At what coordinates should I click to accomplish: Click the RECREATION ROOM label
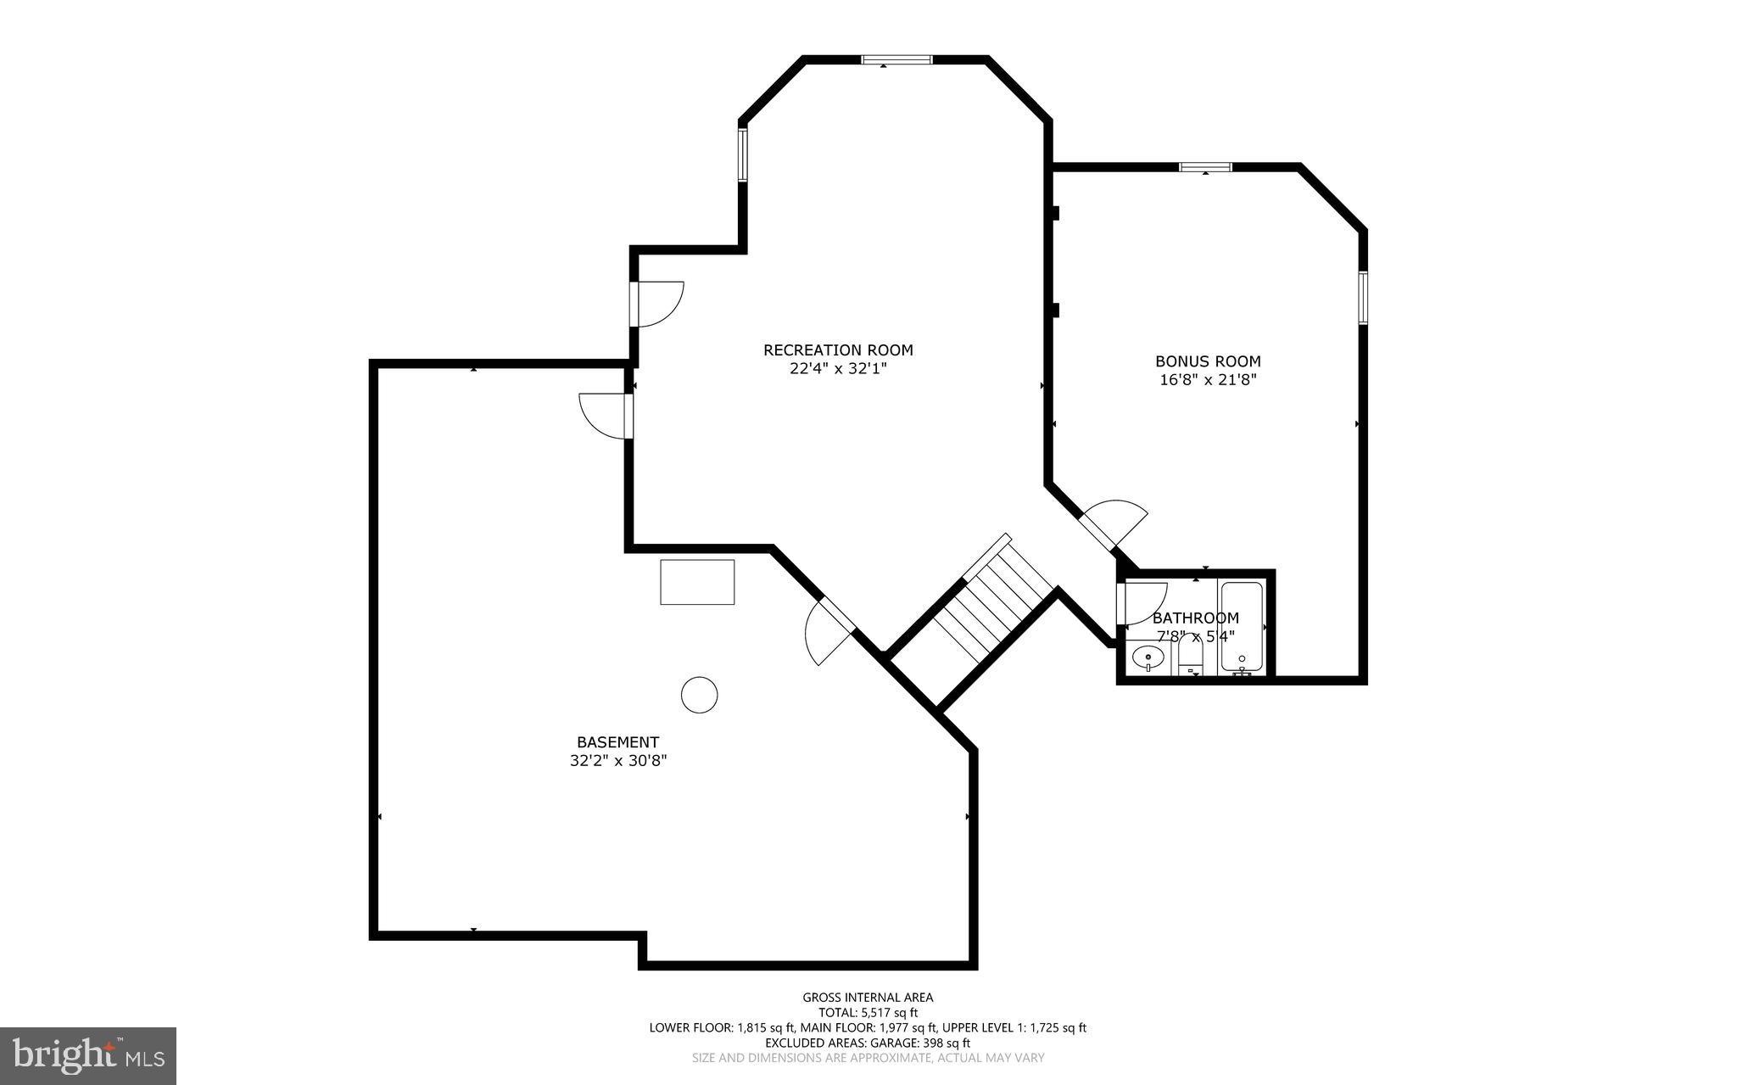click(838, 350)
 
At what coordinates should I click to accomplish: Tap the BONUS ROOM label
click(1208, 361)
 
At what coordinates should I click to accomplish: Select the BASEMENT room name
click(617, 742)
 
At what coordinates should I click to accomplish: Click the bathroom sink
click(1148, 657)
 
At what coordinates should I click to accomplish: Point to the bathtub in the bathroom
click(1242, 628)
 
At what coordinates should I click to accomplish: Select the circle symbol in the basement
click(700, 695)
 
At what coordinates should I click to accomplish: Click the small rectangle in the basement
click(697, 582)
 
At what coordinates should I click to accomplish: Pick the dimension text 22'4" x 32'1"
click(838, 369)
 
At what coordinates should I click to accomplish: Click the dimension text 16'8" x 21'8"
click(1208, 381)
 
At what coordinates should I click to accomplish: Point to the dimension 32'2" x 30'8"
click(618, 762)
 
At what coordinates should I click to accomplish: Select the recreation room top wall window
click(896, 59)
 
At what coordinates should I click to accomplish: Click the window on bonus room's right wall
click(1364, 297)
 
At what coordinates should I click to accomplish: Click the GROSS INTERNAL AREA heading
click(868, 998)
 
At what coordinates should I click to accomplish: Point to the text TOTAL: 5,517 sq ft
click(868, 1012)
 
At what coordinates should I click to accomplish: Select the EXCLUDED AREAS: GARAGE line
click(868, 1043)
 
